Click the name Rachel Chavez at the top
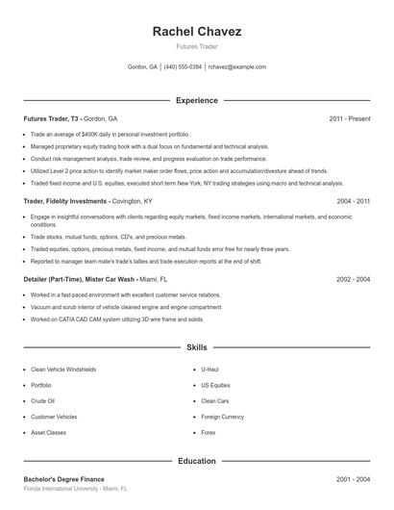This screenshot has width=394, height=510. pyautogui.click(x=197, y=31)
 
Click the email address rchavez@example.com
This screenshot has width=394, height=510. pyautogui.click(x=236, y=67)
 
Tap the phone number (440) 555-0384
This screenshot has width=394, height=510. pyautogui.click(x=183, y=67)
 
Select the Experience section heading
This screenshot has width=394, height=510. pyautogui.click(x=197, y=100)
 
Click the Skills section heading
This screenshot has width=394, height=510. pyautogui.click(x=197, y=346)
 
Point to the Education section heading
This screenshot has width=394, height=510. pyautogui.click(x=197, y=461)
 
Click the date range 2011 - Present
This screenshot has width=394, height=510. pyautogui.click(x=349, y=118)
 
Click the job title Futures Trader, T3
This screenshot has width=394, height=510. pyautogui.click(x=51, y=118)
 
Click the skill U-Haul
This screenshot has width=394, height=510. pyautogui.click(x=210, y=370)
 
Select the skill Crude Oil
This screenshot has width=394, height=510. pyautogui.click(x=42, y=400)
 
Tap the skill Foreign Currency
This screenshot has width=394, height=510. pyautogui.click(x=222, y=417)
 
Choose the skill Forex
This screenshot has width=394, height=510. pyautogui.click(x=209, y=432)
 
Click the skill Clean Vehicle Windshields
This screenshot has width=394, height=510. pyautogui.click(x=63, y=370)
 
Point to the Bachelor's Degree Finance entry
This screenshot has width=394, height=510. pyautogui.click(x=63, y=479)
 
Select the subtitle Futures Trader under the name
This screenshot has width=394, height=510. pyautogui.click(x=197, y=46)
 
